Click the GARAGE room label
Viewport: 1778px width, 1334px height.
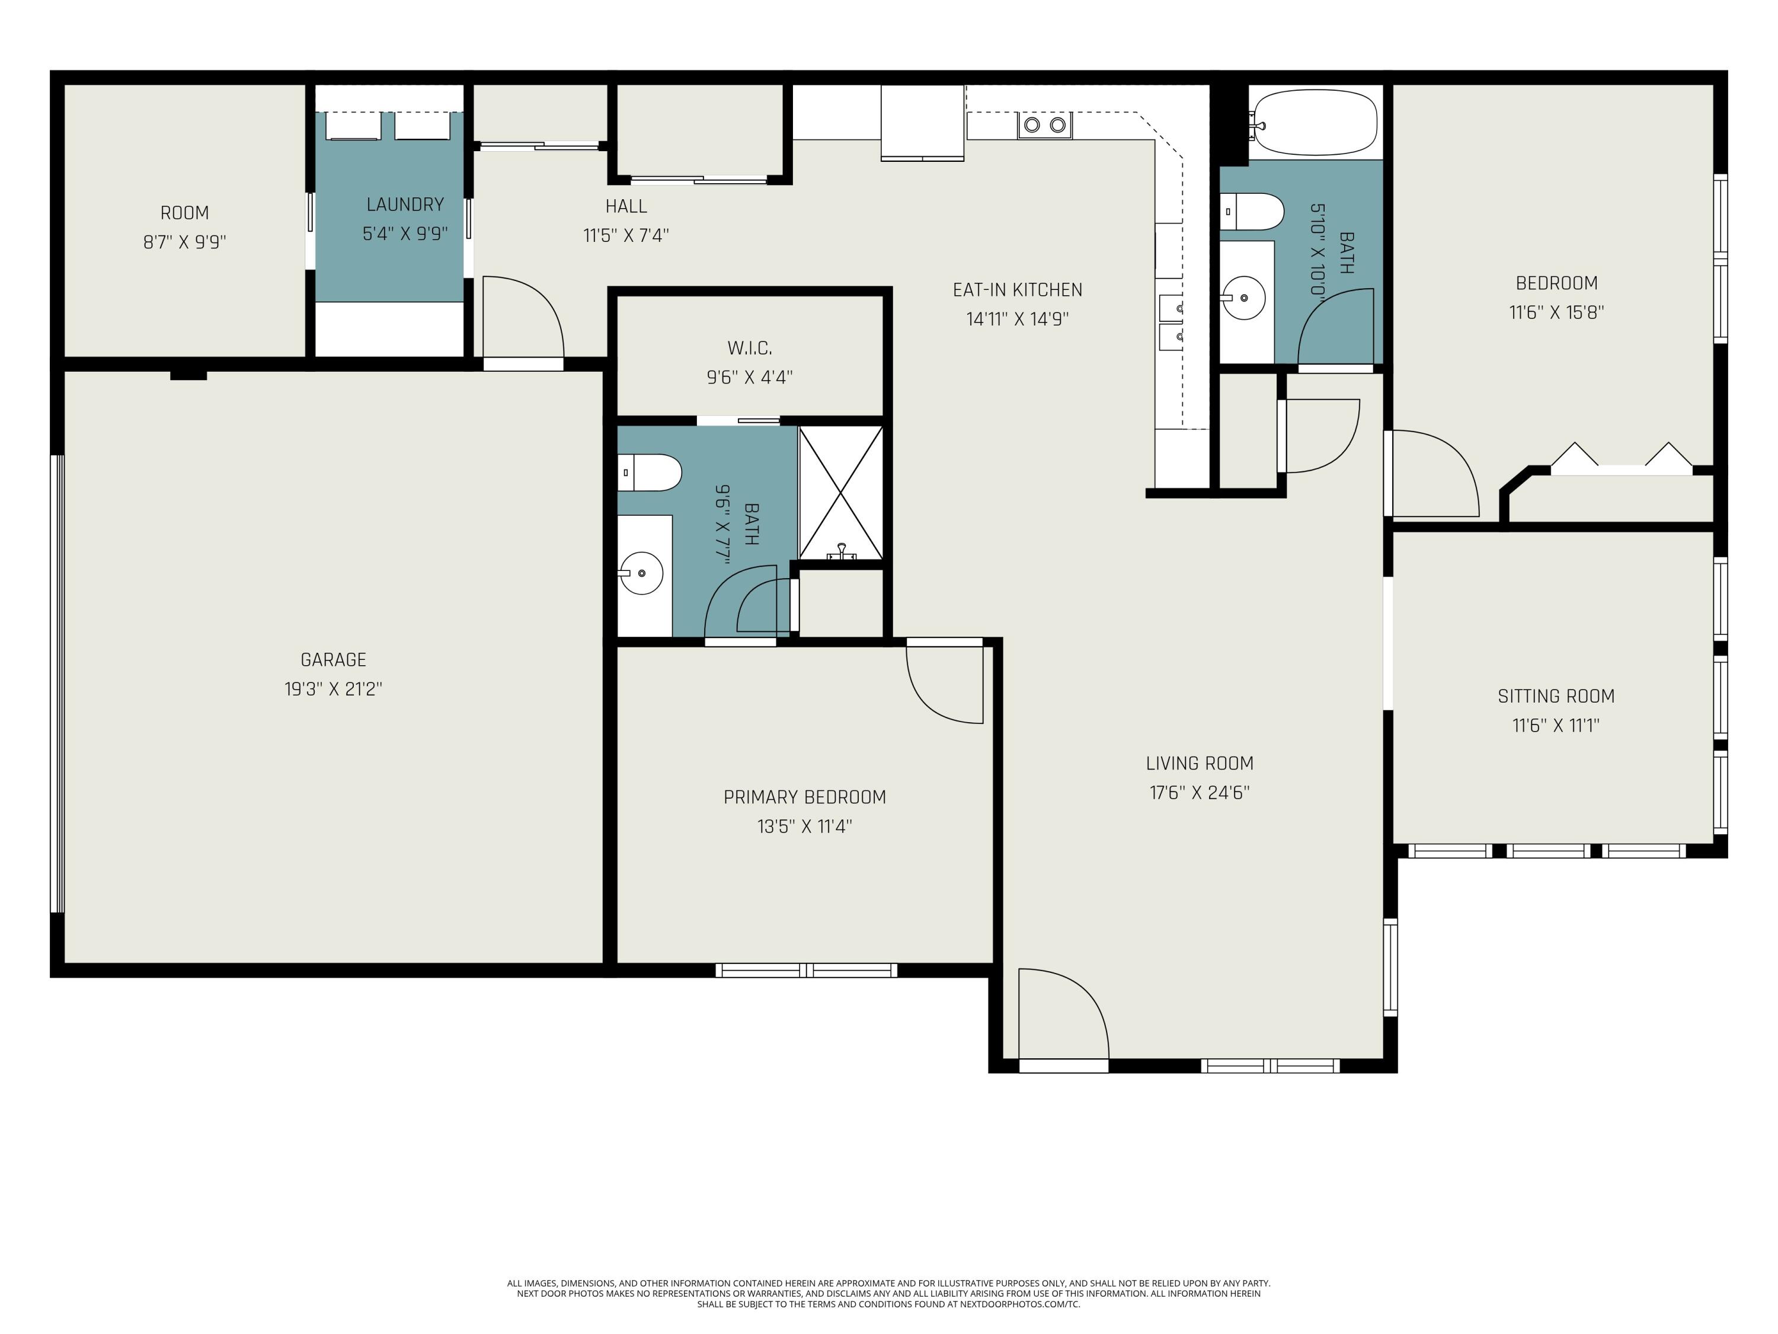tap(332, 660)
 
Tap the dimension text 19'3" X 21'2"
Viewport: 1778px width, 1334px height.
tap(332, 689)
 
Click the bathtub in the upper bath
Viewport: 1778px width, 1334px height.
tap(1314, 122)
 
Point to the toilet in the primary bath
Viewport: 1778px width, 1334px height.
tap(650, 473)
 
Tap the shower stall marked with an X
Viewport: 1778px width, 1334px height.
tap(841, 493)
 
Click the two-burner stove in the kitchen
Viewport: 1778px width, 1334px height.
tap(1045, 125)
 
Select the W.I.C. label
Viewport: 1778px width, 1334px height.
tap(750, 348)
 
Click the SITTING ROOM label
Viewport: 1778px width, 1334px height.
tap(1556, 697)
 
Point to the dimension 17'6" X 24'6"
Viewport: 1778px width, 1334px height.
tap(1200, 793)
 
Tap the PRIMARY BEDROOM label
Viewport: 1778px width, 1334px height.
tap(805, 797)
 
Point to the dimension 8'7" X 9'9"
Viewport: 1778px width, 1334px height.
tap(185, 242)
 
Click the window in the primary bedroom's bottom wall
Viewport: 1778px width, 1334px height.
tap(806, 971)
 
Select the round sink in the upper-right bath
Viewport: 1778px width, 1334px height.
tap(1243, 298)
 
